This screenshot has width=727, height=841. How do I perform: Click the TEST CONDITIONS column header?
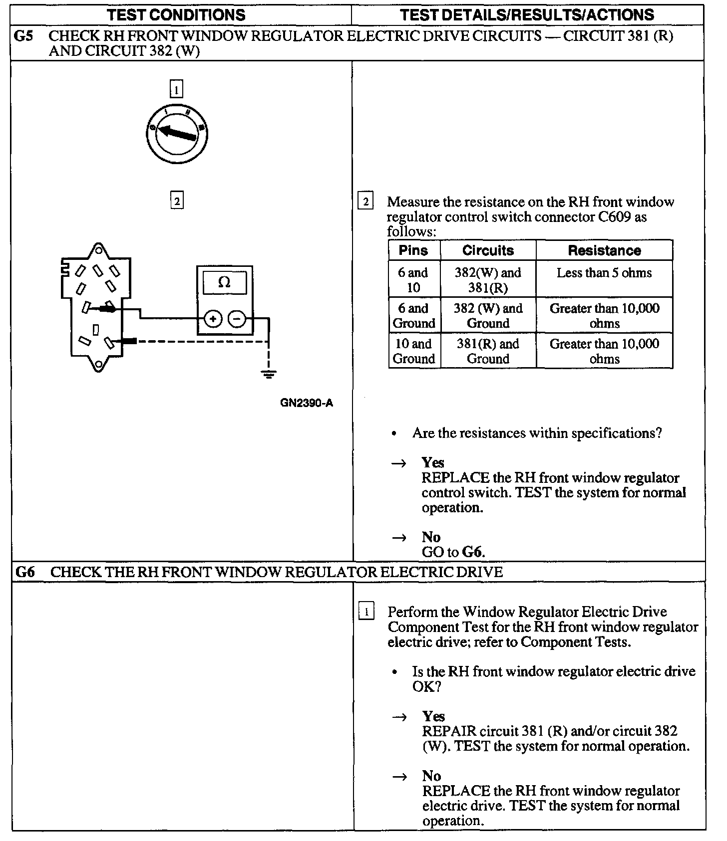177,14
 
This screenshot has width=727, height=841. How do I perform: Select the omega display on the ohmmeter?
224,283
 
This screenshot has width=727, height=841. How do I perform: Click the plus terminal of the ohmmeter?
213,319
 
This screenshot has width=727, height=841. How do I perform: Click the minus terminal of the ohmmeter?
238,319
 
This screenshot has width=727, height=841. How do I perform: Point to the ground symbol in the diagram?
269,375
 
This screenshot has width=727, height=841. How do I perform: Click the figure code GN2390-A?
306,403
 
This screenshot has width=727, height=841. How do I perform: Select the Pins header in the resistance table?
413,250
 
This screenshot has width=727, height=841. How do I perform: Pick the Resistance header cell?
604,250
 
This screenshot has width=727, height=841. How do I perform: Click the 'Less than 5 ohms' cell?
604,273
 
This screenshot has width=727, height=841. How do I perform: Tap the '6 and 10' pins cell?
413,280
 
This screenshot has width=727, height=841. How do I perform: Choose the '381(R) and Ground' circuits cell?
488,351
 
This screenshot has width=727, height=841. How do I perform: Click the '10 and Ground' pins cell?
413,351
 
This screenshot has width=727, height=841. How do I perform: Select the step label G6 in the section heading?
25,572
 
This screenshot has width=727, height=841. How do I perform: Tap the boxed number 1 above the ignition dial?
177,90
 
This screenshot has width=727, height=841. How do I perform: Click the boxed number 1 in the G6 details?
366,612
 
